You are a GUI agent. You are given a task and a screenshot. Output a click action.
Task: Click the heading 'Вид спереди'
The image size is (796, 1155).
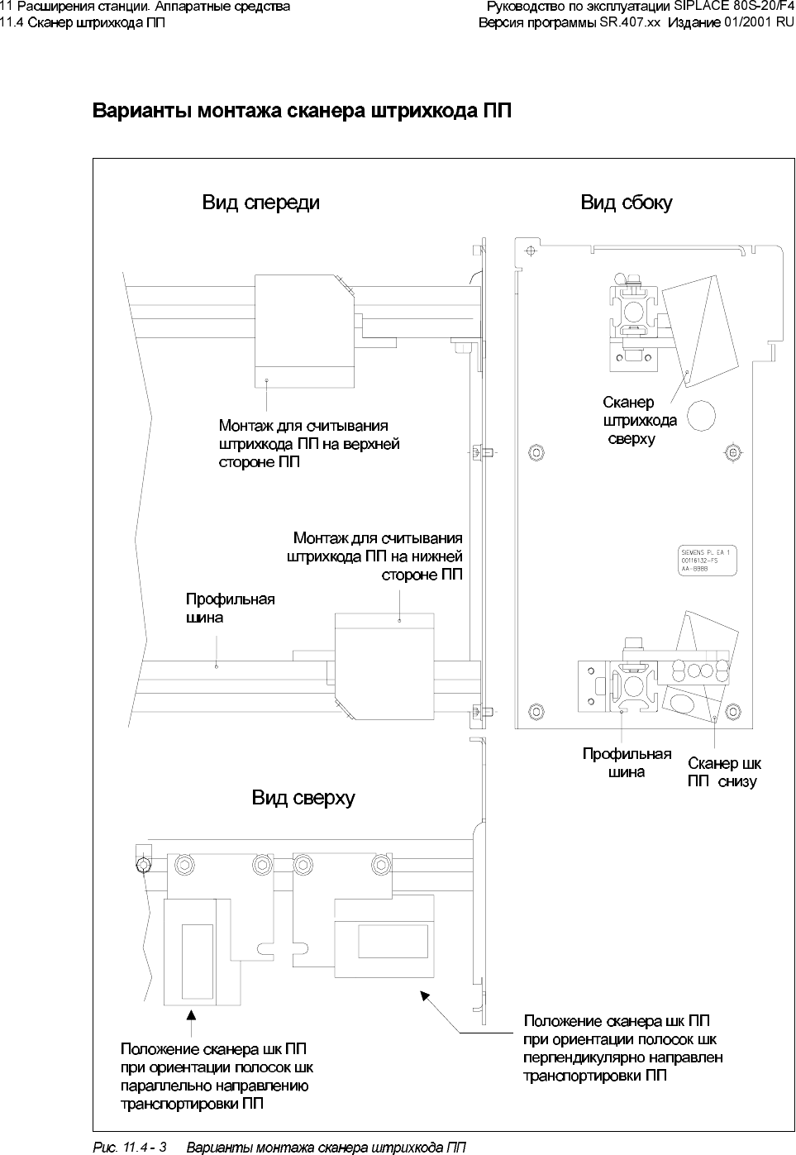260,203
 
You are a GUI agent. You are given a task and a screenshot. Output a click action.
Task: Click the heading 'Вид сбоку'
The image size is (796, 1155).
626,203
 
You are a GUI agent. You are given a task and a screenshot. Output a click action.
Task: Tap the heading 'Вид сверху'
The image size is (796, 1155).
303,798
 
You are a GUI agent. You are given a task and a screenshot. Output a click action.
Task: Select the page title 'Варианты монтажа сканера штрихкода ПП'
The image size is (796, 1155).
301,111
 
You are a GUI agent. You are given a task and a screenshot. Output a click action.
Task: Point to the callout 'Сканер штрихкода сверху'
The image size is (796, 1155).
639,420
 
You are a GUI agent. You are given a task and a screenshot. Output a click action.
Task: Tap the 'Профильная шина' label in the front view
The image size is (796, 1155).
229,608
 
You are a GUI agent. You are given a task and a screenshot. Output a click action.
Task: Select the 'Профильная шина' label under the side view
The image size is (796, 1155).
627,763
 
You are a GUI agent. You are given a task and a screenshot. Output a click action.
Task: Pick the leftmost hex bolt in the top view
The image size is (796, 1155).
144,865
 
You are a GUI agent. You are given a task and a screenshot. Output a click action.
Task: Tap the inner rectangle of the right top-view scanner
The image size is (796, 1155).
393,942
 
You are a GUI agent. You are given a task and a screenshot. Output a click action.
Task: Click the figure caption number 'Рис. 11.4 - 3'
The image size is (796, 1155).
128,1148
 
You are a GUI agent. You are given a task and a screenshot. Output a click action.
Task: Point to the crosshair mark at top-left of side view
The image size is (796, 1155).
531,249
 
